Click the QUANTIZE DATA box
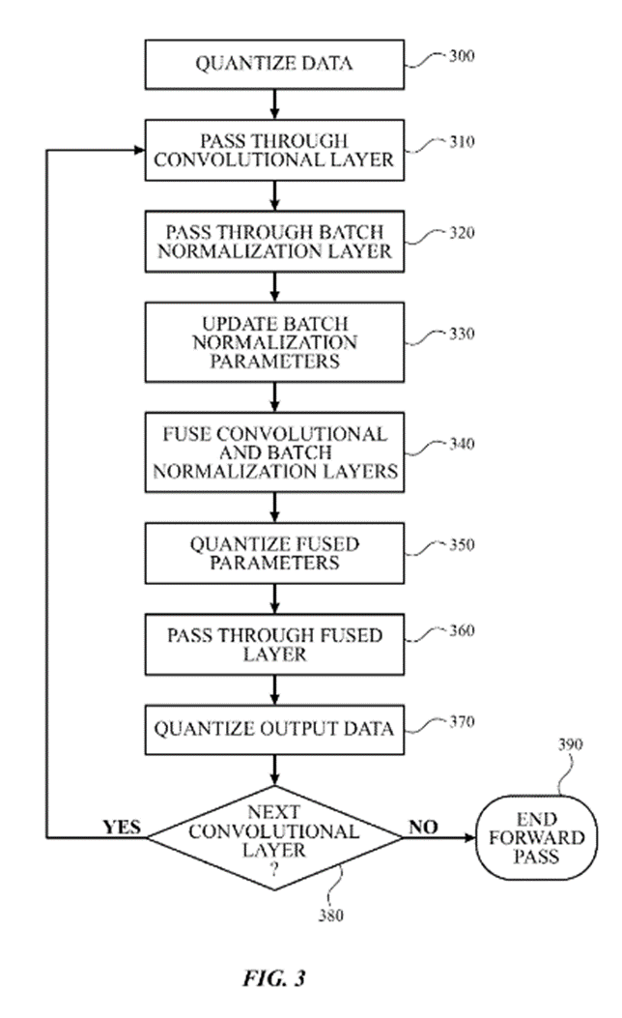(274, 65)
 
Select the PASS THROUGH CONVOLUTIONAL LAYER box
(274, 149)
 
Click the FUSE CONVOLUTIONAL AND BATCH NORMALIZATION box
(274, 451)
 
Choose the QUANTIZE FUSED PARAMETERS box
(274, 552)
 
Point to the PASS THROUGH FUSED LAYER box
(274, 645)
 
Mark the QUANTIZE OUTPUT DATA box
(274, 728)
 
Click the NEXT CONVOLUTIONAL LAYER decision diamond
(274, 835)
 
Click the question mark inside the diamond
(274, 869)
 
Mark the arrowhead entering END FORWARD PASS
(469, 836)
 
